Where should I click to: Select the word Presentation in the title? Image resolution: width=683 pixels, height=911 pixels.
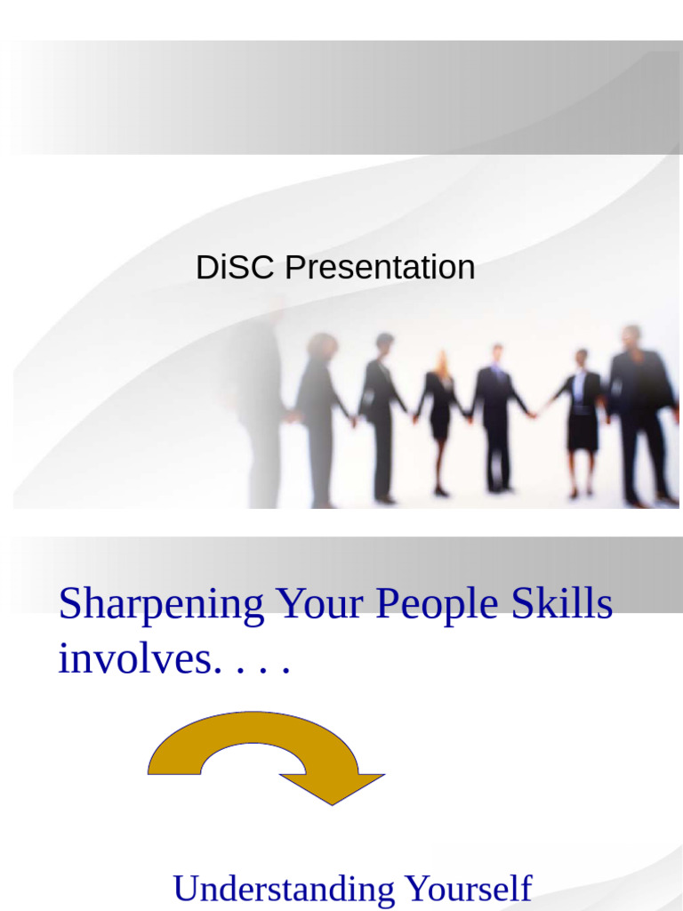[x=380, y=268]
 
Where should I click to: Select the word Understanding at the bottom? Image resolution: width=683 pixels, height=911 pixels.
[x=284, y=889]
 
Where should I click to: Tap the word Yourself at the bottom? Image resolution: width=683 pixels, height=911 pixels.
[x=468, y=889]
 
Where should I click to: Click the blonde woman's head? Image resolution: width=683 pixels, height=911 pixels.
[x=441, y=359]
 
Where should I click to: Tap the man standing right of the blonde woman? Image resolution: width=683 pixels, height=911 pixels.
[x=495, y=414]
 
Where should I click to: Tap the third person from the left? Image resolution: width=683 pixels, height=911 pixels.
[x=381, y=414]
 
